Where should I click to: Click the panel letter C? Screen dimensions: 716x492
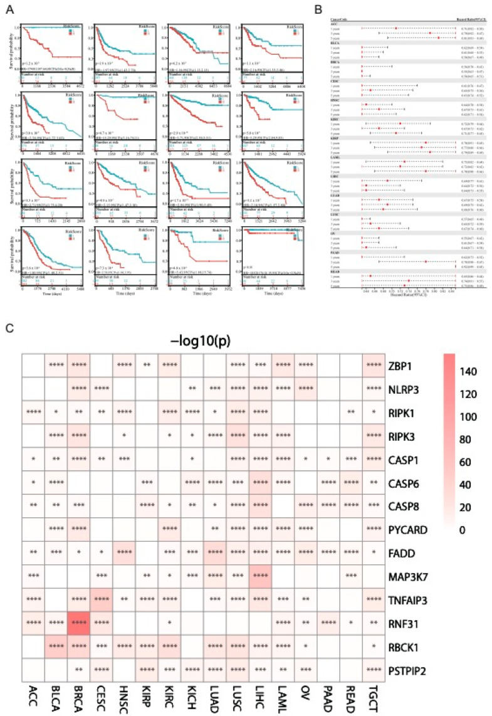8,327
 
